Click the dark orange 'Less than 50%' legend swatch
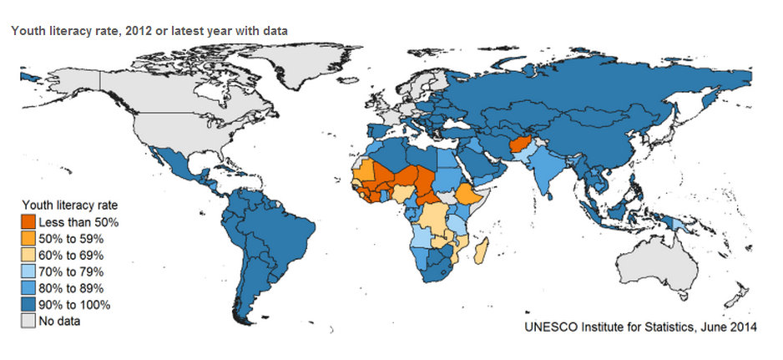(x=29, y=223)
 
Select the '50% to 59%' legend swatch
(x=29, y=239)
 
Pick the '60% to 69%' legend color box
(x=29, y=256)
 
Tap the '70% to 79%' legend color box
(x=29, y=271)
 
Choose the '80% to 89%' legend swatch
(x=29, y=288)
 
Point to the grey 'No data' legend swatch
(x=29, y=321)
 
